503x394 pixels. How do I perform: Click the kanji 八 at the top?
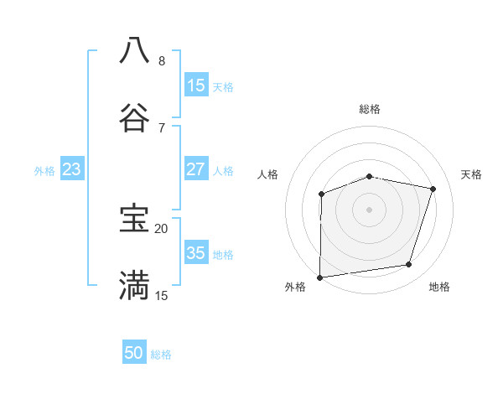tap(134, 49)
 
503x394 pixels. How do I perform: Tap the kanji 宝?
tap(134, 218)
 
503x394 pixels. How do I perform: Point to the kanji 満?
tap(134, 285)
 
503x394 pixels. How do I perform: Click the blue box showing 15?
tap(196, 85)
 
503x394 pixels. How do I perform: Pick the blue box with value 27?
tap(196, 168)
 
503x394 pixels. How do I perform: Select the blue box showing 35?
tap(196, 252)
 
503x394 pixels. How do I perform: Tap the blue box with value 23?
tap(72, 169)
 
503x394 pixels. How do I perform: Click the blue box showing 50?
tap(134, 353)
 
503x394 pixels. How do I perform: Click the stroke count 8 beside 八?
tap(161, 61)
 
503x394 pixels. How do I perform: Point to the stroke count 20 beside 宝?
tap(161, 228)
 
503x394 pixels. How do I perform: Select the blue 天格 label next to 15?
tap(223, 87)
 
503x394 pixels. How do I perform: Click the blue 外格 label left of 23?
tap(44, 171)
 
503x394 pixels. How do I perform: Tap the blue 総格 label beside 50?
tap(161, 355)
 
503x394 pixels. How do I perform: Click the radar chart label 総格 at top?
tap(370, 109)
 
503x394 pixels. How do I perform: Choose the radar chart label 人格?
tap(268, 174)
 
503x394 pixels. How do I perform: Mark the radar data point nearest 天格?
tap(433, 189)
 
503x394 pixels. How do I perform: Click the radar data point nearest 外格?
tap(320, 277)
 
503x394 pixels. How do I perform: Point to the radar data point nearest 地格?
tap(409, 265)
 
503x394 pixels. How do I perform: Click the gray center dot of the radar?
tap(370, 210)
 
